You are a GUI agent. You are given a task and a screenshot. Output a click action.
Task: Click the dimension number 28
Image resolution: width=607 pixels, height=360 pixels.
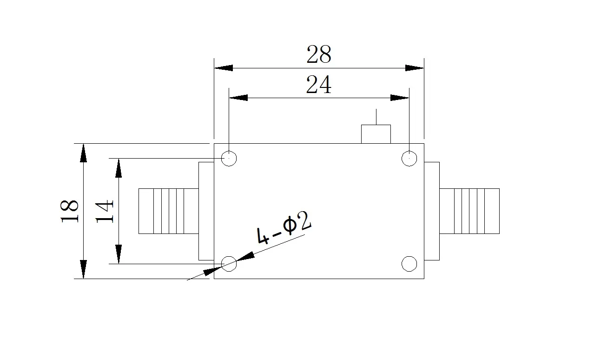(x=319, y=54)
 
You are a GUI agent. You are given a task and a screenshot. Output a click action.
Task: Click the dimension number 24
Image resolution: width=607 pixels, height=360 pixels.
(x=319, y=85)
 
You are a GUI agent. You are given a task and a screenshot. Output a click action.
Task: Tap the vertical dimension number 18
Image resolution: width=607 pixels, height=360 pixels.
(x=69, y=211)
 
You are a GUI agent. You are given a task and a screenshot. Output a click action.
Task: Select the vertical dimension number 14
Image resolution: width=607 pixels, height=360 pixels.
(x=104, y=211)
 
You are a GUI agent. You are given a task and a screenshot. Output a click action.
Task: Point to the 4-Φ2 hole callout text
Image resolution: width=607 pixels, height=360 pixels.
(x=284, y=228)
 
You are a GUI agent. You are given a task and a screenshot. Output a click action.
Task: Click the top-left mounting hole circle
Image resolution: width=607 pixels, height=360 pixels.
(x=221, y=158)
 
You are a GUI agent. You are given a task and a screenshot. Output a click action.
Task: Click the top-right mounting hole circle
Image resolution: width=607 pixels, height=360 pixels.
(x=402, y=158)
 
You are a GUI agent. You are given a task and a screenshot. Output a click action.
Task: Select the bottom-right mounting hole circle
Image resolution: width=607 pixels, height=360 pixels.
(x=402, y=264)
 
